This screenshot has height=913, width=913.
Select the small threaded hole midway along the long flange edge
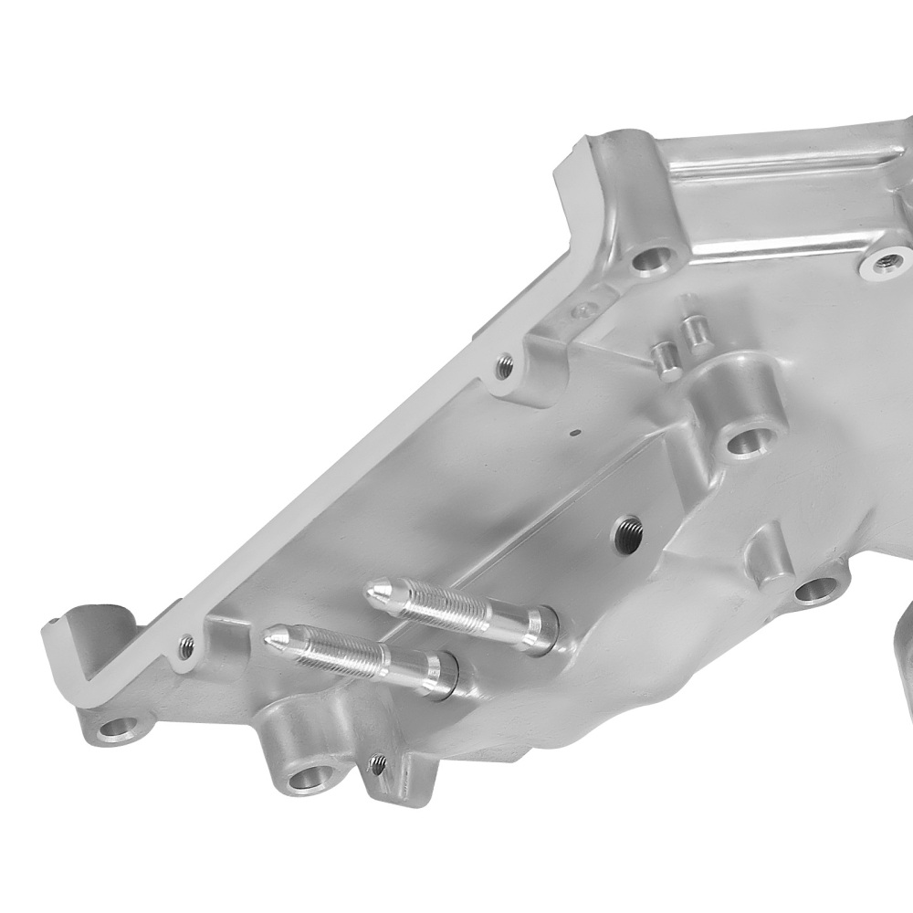pyautogui.click(x=502, y=366)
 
